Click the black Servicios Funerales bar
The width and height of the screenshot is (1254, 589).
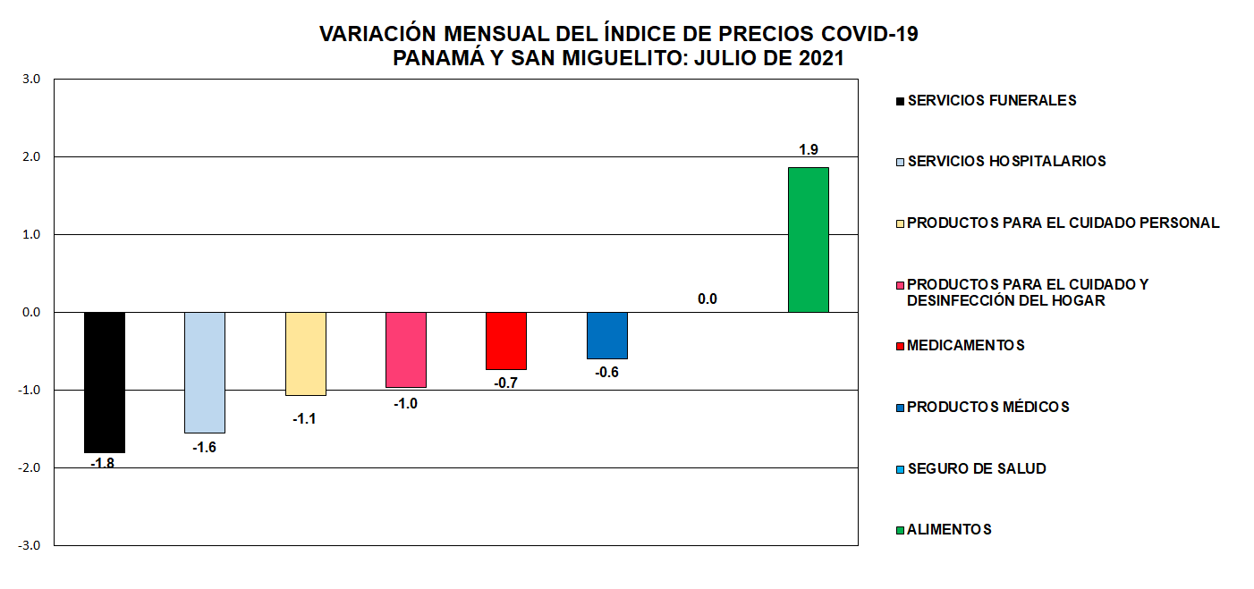coord(105,383)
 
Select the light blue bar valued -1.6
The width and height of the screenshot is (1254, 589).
coord(205,372)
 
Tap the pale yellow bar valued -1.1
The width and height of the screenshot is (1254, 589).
coord(305,353)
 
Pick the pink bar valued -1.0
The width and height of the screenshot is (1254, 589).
coord(405,349)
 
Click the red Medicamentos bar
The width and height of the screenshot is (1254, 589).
coord(505,341)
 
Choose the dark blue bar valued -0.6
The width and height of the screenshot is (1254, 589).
coord(606,335)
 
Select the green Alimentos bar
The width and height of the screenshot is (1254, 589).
coord(808,240)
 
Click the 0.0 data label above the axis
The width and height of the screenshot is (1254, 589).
coord(707,299)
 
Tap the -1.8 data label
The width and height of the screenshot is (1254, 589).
coord(105,464)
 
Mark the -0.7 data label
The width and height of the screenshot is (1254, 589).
coord(505,383)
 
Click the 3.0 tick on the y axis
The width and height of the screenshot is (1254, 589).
coord(32,79)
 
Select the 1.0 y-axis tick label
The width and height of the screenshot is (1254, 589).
coord(32,234)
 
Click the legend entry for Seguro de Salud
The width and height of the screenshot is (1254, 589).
coord(976,468)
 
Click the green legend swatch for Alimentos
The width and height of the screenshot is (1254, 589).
coord(901,530)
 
